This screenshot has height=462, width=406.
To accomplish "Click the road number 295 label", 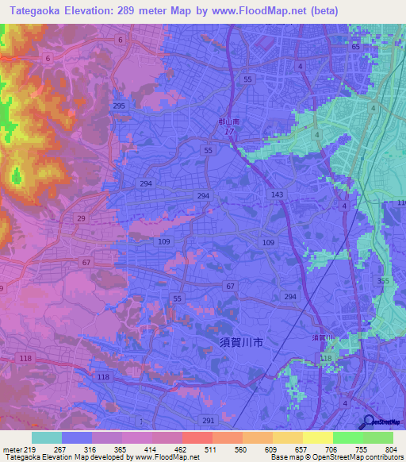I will (x=119, y=106).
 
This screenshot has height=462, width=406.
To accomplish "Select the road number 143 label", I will (x=277, y=194).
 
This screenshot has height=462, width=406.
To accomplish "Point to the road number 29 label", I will (x=81, y=218).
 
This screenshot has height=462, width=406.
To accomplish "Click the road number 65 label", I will (x=355, y=48).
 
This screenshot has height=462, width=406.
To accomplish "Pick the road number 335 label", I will (x=384, y=281).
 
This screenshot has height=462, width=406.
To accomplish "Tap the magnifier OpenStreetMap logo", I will (x=370, y=422).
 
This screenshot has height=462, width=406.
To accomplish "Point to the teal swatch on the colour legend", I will (x=47, y=437).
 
